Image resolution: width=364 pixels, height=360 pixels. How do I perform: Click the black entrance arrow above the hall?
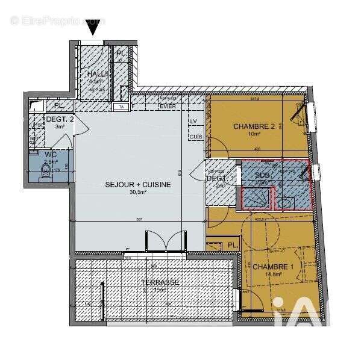point(93,27)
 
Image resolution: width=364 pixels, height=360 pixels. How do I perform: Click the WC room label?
point(50,154)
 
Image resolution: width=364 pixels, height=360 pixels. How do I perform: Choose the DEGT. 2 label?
point(60,119)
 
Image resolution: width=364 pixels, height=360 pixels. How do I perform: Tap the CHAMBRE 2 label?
point(254,126)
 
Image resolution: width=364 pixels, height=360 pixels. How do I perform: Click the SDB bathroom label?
point(263,175)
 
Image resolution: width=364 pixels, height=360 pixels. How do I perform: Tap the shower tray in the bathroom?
point(256,196)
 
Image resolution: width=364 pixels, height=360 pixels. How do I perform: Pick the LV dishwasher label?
point(194,121)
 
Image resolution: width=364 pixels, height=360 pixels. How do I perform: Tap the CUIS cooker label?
point(195,137)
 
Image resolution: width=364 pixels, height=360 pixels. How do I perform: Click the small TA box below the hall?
point(121,107)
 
